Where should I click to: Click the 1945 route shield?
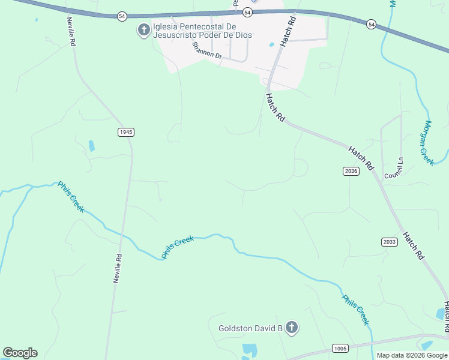pyautogui.click(x=125, y=132)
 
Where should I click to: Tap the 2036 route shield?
pyautogui.click(x=351, y=172)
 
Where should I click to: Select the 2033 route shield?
pyautogui.click(x=388, y=242)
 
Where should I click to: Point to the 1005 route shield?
pyautogui.click(x=340, y=349)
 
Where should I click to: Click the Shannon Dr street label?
pyautogui.click(x=207, y=51)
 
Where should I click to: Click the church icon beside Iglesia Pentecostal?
pyautogui.click(x=143, y=30)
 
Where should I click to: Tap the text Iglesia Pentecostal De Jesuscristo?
pyautogui.click(x=202, y=31)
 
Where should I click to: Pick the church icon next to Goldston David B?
pyautogui.click(x=291, y=328)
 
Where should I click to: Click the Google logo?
pyautogui.click(x=20, y=353)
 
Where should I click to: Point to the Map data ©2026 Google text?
pyautogui.click(x=412, y=355)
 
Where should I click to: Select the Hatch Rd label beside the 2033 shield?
pyautogui.click(x=414, y=245)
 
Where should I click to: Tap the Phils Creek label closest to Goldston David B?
pyautogui.click(x=355, y=310)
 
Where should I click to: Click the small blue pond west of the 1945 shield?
pyautogui.click(x=92, y=146)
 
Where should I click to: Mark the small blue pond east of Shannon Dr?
pyautogui.click(x=271, y=44)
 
